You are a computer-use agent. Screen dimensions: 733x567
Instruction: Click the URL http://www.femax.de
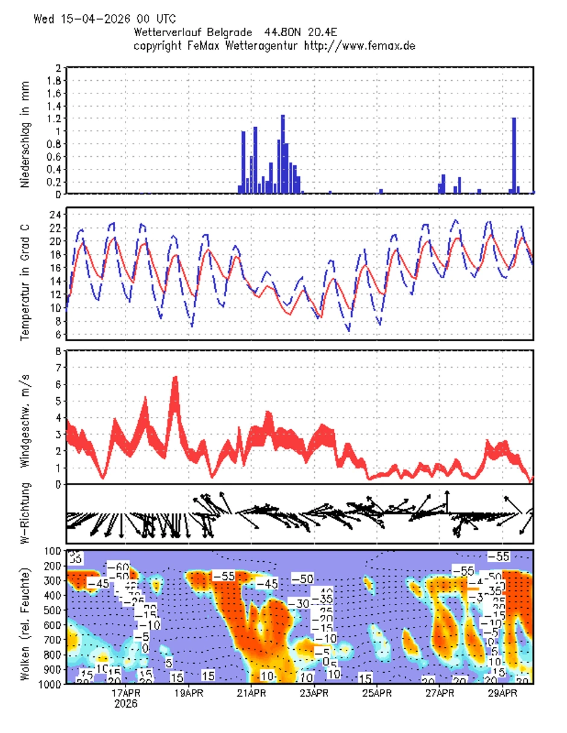(x=360, y=45)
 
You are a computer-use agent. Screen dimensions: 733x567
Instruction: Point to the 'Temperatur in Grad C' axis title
(x=25, y=274)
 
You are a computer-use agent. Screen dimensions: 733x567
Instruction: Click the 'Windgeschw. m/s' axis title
(x=25, y=417)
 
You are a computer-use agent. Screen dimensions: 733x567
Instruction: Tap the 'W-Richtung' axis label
(x=25, y=514)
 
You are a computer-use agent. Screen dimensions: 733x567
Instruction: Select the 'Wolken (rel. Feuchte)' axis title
(x=25, y=617)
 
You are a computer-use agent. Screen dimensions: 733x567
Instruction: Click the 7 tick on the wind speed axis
(x=58, y=367)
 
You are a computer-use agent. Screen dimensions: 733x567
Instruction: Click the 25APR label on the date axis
(x=377, y=693)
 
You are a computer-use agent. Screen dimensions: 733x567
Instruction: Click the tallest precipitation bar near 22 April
(x=282, y=154)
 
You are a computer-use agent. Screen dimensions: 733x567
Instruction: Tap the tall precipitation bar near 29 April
(x=514, y=155)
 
